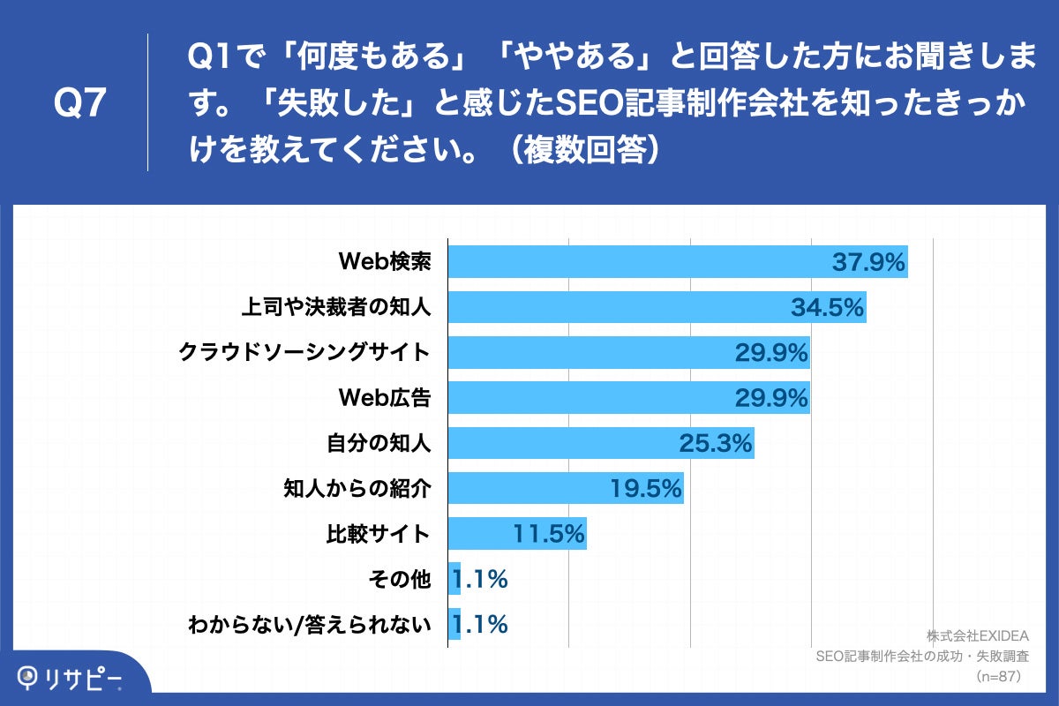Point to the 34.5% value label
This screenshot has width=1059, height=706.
[826, 307]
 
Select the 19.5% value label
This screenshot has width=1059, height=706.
[646, 489]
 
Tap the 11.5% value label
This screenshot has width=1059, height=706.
[549, 534]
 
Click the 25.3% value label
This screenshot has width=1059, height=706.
[716, 443]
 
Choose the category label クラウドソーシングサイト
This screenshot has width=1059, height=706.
[304, 353]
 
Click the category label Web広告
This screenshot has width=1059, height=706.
[385, 398]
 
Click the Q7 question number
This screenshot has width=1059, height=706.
[80, 104]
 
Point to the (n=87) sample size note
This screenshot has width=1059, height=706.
[998, 676]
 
